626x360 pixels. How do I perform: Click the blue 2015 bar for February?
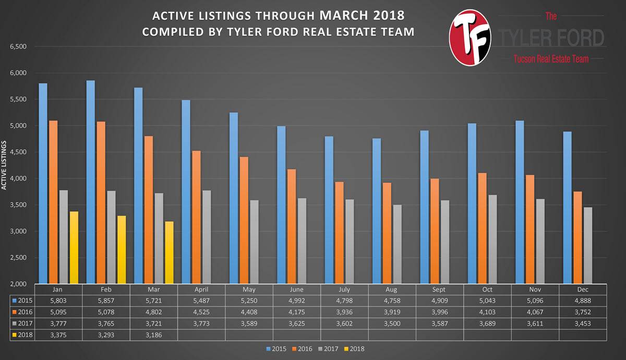tap(91, 182)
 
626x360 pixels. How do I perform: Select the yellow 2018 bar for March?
tap(169, 253)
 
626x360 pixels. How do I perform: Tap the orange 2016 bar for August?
tap(387, 233)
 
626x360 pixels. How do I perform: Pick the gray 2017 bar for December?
tap(588, 245)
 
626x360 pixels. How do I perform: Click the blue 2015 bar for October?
tap(472, 203)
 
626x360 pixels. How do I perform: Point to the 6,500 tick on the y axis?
tap(18, 46)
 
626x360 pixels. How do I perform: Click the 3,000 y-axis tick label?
tap(18, 231)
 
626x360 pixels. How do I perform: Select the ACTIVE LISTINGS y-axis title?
tap(4, 165)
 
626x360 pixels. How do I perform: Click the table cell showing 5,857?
tap(106, 301)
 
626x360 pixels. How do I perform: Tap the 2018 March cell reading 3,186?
tap(154, 335)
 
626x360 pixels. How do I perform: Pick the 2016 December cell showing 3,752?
tap(583, 312)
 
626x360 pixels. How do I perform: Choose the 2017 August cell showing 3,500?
tap(392, 323)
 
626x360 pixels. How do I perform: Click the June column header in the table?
tap(296, 290)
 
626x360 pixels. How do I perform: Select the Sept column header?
tap(439, 290)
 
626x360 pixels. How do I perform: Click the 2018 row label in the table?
tap(22, 335)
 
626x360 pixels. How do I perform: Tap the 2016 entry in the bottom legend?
tap(302, 349)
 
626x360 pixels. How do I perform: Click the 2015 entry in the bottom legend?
tap(276, 349)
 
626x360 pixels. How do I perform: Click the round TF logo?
tap(470, 38)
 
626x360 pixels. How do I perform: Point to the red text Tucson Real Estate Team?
tap(551, 58)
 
